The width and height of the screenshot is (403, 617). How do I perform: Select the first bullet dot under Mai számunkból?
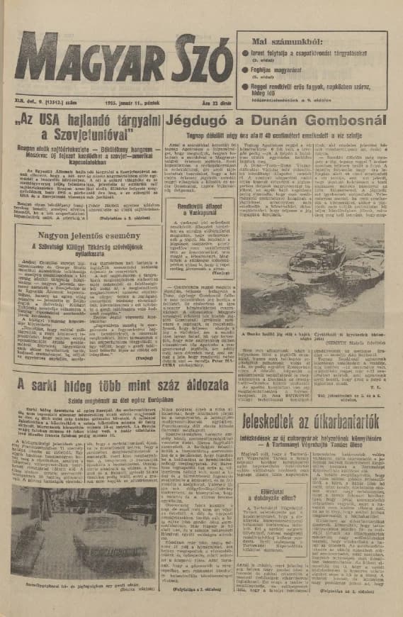tap(246, 52)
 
